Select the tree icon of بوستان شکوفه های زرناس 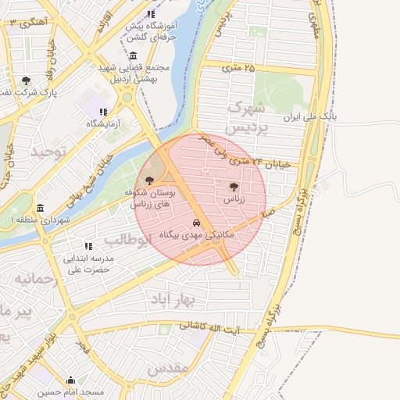pos(149,180)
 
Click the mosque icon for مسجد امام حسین pos(71,381)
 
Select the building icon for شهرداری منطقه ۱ pos(41,208)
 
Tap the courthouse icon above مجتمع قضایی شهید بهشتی pos(134,56)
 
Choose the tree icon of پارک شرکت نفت pos(27,80)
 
